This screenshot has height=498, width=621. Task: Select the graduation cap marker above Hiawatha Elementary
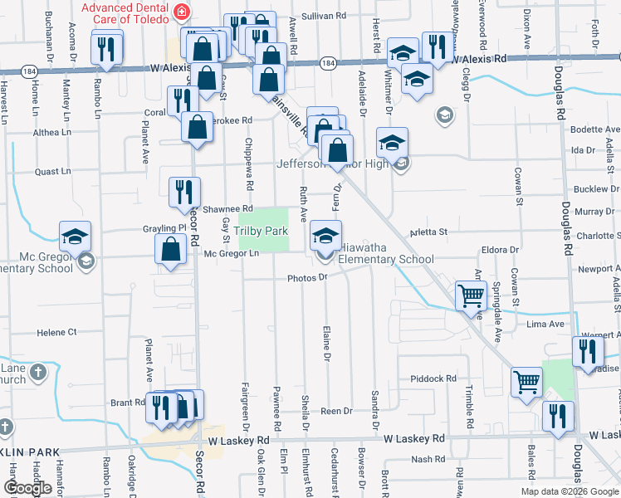tap(326, 237)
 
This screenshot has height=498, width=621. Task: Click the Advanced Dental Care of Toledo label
tap(130, 12)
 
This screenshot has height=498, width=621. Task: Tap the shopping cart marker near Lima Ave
tap(471, 296)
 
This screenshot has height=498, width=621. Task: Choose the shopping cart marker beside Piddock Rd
tap(526, 383)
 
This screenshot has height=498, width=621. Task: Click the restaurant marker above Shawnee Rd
tap(183, 193)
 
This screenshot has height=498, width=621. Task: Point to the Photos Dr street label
tap(308, 278)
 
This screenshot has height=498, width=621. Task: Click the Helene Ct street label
tap(56, 332)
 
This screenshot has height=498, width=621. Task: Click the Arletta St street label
tap(431, 232)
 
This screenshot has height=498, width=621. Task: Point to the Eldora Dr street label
tap(501, 249)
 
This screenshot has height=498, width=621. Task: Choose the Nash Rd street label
tap(428, 459)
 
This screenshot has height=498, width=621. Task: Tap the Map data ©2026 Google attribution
tap(570, 491)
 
